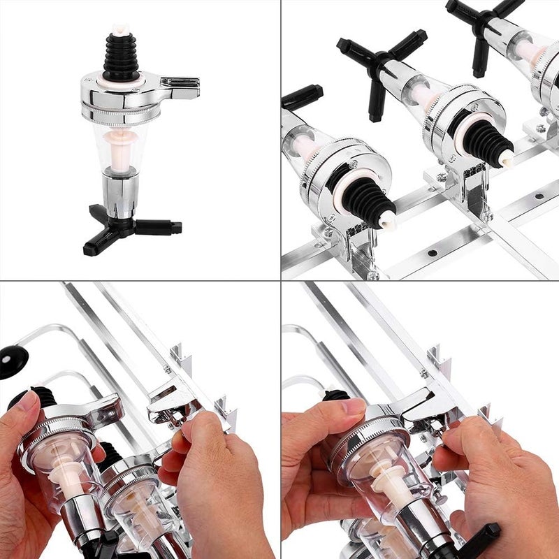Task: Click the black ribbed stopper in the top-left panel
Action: click(x=120, y=56)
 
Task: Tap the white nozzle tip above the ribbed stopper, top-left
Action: click(x=120, y=30)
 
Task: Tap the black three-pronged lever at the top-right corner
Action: click(x=482, y=24)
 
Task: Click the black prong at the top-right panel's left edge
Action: click(x=303, y=96)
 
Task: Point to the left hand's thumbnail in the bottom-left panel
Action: click(x=28, y=401)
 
